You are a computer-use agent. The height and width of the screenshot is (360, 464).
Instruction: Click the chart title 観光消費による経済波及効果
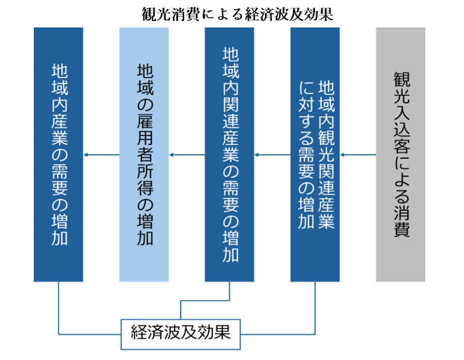238,14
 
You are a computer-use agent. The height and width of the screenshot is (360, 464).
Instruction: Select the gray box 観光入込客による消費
401,155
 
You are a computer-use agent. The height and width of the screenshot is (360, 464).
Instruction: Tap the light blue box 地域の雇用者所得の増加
144,155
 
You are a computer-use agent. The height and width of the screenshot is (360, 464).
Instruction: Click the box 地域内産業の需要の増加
58,155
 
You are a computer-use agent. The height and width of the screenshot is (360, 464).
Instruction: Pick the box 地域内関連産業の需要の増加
229,155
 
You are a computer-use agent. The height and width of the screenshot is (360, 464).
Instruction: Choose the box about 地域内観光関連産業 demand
315,155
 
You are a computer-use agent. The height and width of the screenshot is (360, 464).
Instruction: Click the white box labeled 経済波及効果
181,334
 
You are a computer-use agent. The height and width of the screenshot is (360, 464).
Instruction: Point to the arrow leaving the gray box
358,155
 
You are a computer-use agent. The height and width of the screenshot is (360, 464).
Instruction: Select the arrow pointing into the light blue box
187,155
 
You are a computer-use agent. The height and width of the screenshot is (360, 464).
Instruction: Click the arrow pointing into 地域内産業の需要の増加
101,155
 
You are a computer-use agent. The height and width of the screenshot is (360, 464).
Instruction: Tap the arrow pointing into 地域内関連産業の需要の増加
272,155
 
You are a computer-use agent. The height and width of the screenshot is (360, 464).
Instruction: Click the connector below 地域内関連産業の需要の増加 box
205,301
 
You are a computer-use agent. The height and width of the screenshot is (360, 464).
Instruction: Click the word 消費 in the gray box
401,220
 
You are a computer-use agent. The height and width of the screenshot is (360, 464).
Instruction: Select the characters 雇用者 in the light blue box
145,138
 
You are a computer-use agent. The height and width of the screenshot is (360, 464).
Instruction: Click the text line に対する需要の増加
306,155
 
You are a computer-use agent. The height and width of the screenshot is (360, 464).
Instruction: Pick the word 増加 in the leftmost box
60,230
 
